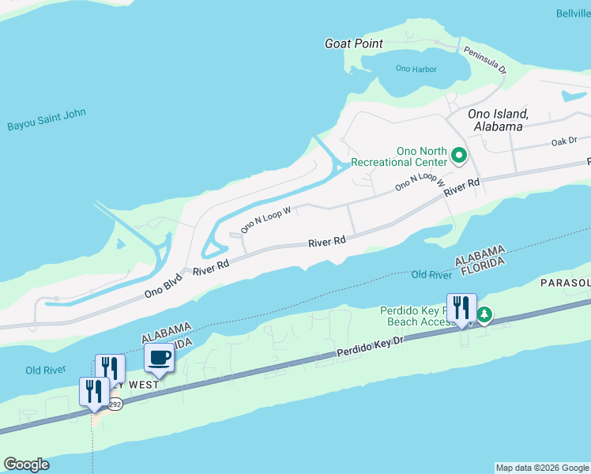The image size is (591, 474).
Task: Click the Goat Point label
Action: (x=354, y=44)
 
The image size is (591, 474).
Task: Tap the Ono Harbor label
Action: (x=416, y=70)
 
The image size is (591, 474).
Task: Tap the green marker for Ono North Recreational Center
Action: (x=459, y=156)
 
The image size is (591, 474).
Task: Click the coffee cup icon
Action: (x=160, y=357)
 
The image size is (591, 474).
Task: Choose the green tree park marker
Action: (x=484, y=316)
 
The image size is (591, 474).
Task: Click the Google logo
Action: (x=26, y=465)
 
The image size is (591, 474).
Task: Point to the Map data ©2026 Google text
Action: (x=543, y=468)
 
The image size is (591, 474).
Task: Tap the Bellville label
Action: (x=573, y=14)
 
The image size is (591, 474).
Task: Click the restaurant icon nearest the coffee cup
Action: (x=110, y=368)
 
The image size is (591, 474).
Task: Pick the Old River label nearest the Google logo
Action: (x=44, y=371)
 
